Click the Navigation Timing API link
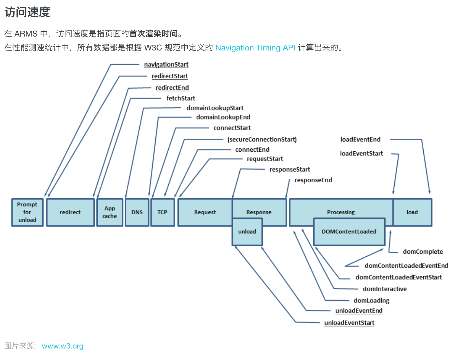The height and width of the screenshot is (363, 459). click(255, 48)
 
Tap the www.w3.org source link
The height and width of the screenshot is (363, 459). click(63, 346)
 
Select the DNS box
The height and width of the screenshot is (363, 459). click(137, 212)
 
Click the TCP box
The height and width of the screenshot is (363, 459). click(162, 212)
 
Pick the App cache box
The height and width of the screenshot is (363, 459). click(110, 212)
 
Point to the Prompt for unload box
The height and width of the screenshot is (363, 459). click(27, 212)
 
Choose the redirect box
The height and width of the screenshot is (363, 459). click(70, 212)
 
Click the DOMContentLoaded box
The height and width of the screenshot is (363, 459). click(349, 232)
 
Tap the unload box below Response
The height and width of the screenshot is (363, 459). click(247, 232)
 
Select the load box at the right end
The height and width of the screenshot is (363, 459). click(412, 212)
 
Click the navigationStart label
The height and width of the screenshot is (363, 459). click(166, 64)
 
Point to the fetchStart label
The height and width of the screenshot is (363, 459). click(181, 98)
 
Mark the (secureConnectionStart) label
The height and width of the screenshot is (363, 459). click(262, 139)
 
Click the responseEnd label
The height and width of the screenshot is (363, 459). click(313, 180)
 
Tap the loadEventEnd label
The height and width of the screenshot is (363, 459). click(360, 139)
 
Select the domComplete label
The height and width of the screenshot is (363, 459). click(423, 252)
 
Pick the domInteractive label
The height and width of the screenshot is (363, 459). click(385, 289)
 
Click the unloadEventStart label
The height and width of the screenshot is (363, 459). click(349, 323)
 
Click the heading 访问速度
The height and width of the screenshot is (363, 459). click(27, 12)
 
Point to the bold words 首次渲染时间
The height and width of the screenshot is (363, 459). click(153, 34)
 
